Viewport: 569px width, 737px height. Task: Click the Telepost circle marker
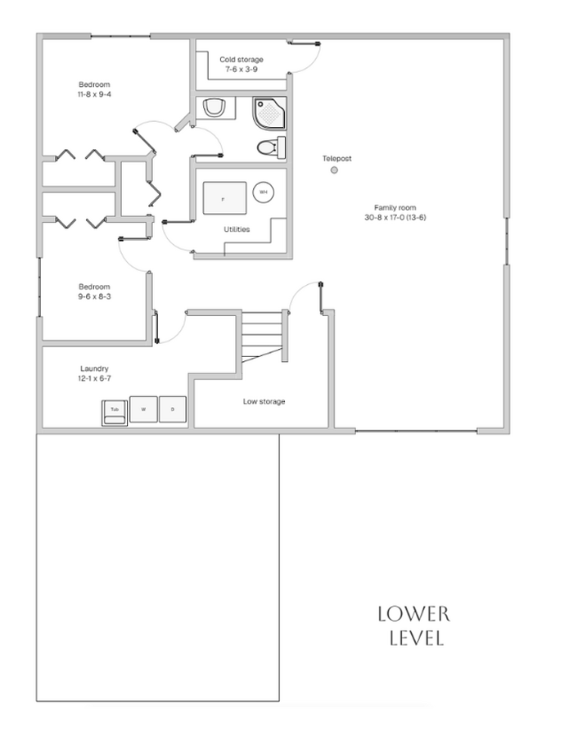click(334, 170)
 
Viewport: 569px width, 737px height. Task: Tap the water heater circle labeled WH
click(263, 192)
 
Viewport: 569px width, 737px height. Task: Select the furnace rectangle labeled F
click(224, 198)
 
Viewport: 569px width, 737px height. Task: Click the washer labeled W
click(143, 409)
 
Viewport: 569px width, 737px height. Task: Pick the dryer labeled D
click(173, 409)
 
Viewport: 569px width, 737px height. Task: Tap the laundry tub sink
click(115, 414)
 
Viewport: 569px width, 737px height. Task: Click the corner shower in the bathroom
click(269, 113)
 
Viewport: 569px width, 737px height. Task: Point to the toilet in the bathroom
click(271, 147)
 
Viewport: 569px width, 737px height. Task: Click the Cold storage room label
click(242, 60)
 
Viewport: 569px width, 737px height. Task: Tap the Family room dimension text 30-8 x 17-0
click(395, 218)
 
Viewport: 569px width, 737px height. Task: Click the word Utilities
click(237, 229)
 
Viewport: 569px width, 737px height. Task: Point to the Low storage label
click(264, 401)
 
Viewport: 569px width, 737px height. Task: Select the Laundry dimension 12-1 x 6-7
click(94, 378)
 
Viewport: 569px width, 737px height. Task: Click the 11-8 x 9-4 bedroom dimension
click(94, 94)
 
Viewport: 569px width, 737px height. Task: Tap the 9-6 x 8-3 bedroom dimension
click(94, 296)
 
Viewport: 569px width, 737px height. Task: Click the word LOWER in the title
click(414, 614)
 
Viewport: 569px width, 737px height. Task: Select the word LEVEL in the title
click(417, 638)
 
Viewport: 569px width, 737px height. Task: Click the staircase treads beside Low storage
click(262, 335)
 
